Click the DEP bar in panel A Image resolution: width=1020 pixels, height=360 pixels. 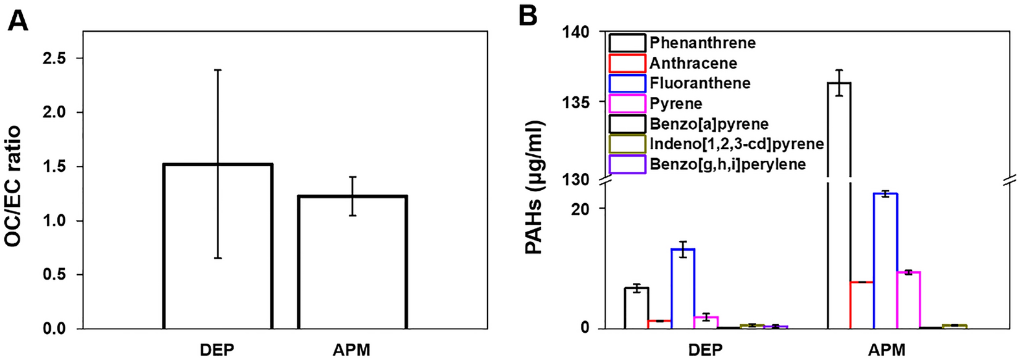pos(218,247)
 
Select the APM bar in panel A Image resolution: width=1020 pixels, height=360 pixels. pos(352,262)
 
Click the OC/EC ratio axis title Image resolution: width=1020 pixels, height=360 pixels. pos(14,185)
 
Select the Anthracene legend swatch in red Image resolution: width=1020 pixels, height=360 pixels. pos(627,63)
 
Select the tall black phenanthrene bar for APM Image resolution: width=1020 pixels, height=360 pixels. pos(839,204)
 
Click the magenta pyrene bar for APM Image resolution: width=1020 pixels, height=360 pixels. pos(908,300)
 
